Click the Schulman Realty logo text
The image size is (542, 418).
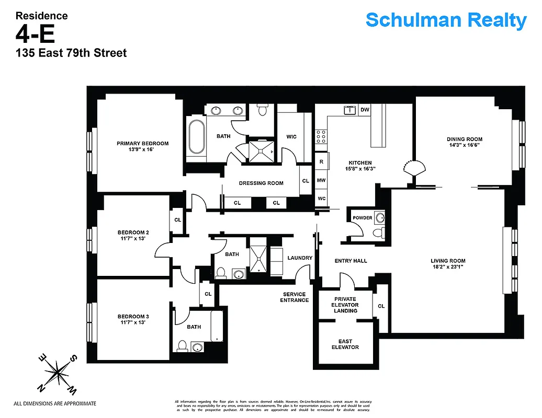[446, 20]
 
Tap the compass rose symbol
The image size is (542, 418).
[58, 373]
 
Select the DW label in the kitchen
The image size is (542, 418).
[365, 110]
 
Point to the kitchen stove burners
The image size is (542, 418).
[320, 137]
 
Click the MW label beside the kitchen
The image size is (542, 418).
[321, 180]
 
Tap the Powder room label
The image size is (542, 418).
[363, 218]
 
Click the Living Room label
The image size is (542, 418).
[448, 261]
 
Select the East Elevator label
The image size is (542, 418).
[345, 344]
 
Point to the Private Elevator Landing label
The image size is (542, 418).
[345, 305]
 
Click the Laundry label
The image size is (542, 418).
[300, 258]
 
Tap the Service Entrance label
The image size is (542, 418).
[294, 297]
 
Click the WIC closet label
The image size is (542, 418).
[291, 137]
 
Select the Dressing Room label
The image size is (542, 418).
[261, 183]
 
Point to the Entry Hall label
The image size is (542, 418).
[351, 261]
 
